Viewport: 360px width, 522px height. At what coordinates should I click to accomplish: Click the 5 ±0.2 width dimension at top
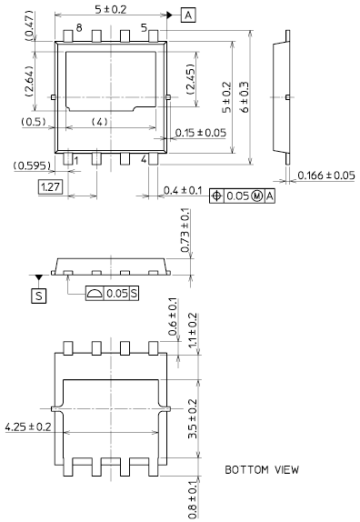click(111, 9)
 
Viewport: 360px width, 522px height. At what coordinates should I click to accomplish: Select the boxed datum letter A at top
click(188, 15)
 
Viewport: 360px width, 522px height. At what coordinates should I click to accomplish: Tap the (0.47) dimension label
click(30, 25)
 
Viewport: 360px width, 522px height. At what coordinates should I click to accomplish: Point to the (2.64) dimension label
click(30, 81)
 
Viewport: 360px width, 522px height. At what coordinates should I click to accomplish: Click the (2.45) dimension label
click(191, 78)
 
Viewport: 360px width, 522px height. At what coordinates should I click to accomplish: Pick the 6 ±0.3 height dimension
click(245, 97)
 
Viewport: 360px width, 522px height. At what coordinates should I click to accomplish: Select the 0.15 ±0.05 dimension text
click(201, 133)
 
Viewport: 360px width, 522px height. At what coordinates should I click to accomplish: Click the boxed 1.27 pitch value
click(50, 186)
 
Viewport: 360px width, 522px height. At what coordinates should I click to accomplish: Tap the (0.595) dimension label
click(33, 166)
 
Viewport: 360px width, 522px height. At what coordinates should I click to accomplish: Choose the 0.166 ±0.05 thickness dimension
click(326, 176)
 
